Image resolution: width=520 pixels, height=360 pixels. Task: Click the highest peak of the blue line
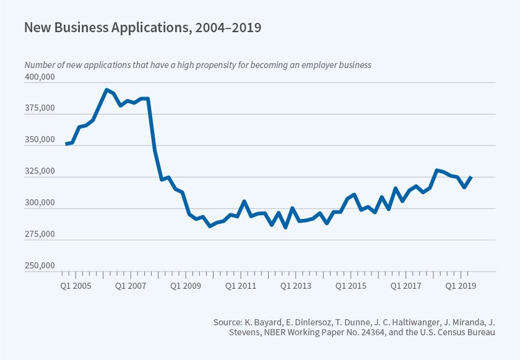pyautogui.click(x=107, y=90)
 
